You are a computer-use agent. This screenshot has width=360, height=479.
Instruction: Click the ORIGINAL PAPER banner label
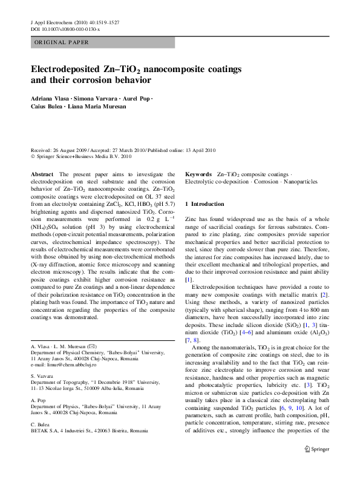coord(62,42)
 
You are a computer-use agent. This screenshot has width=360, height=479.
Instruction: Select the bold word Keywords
coord(198,174)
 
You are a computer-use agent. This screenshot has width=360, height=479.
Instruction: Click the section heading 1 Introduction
coord(205,204)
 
